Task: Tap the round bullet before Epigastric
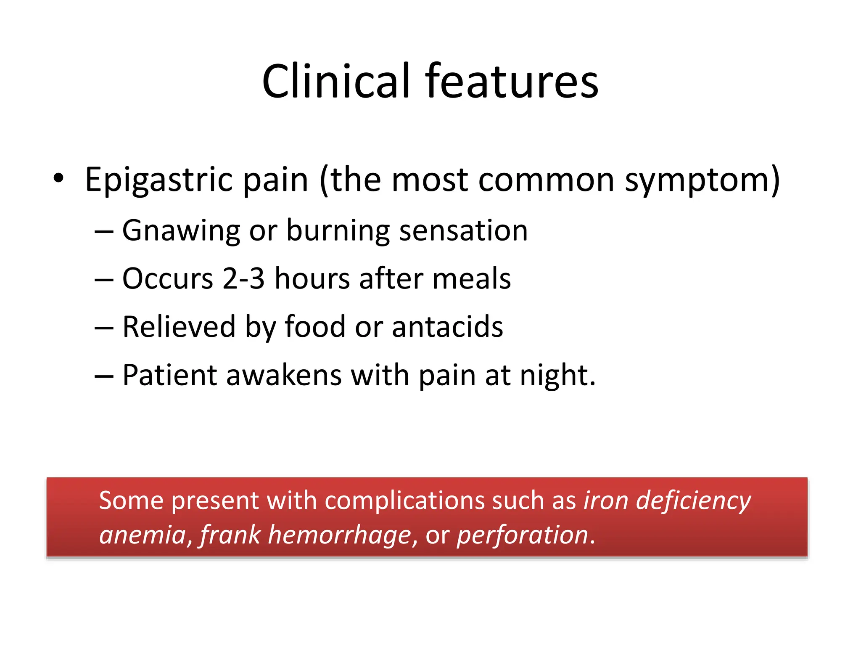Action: point(58,178)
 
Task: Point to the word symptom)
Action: point(702,180)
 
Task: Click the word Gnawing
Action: point(181,231)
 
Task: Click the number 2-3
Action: point(243,278)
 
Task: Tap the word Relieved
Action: point(179,327)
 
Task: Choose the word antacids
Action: point(447,327)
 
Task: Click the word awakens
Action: point(284,375)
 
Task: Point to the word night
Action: point(557,375)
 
